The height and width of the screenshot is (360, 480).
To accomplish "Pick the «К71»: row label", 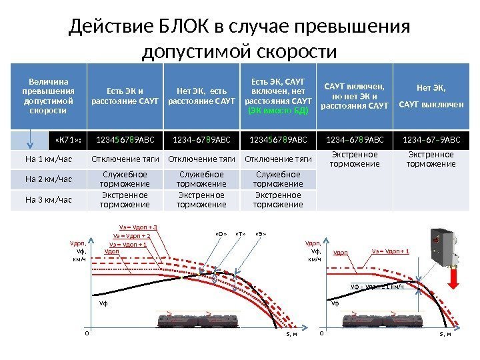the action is click(x=67, y=141).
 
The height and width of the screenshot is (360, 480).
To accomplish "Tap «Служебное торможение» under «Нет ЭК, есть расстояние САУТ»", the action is click(x=202, y=179).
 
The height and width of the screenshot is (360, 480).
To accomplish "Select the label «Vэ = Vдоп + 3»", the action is click(x=138, y=227).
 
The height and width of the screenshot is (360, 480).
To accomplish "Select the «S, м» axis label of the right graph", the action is click(x=445, y=333).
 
